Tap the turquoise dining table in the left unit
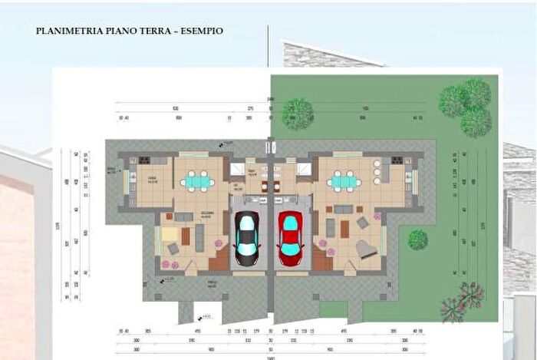[x=196, y=182]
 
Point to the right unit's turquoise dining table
[x=342, y=182]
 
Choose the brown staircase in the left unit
[x=219, y=259]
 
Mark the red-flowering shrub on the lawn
[x=463, y=300]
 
